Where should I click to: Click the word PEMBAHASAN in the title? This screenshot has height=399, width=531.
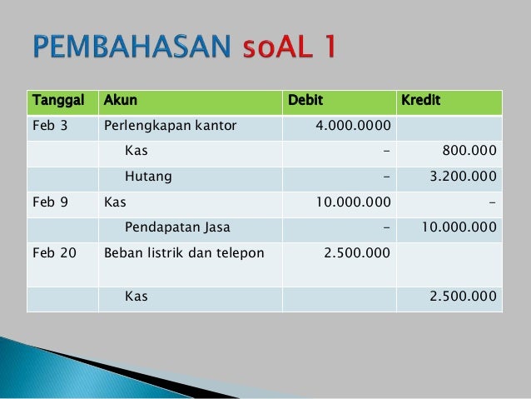[132, 47]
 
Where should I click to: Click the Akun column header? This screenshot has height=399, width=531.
[120, 102]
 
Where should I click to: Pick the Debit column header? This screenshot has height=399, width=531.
[305, 102]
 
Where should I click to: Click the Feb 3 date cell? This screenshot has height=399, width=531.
[48, 127]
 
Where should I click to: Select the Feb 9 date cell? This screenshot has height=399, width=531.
[48, 202]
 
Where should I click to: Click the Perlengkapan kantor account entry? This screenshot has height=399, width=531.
[170, 127]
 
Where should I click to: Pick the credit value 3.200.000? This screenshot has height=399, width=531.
[461, 177]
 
